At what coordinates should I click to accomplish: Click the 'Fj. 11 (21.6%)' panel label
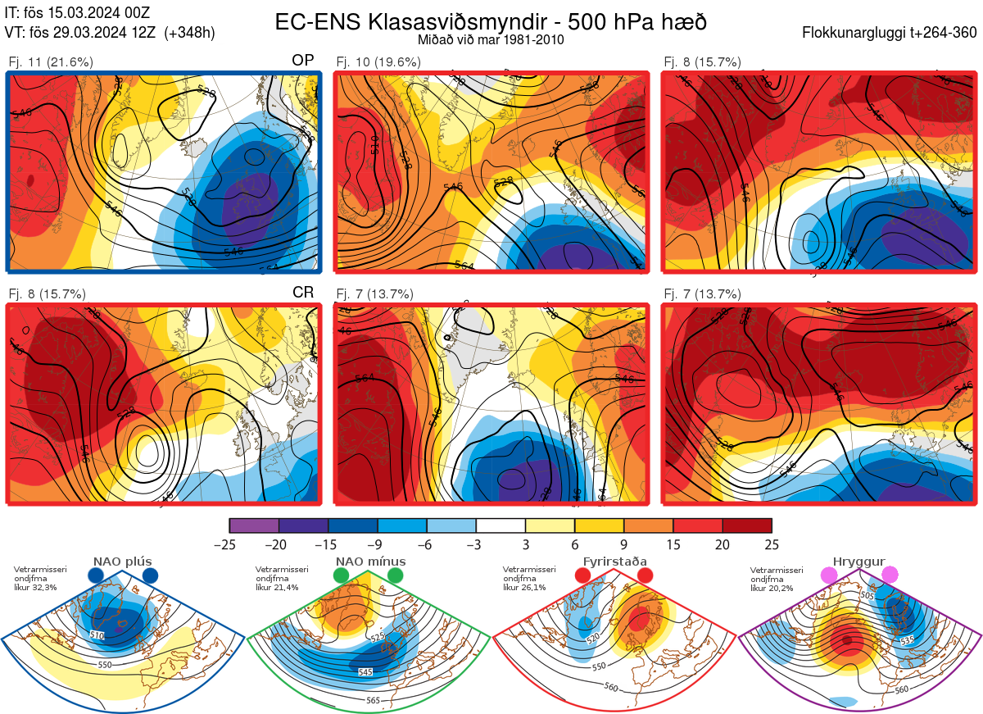coord(51,61)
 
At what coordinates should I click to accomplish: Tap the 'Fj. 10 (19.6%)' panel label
coord(378,61)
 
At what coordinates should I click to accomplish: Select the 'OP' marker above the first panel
coord(303,61)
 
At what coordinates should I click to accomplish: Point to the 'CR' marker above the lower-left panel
coord(303,293)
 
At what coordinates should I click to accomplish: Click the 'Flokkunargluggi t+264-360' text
coord(891,33)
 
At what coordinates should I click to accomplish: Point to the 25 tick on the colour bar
coord(771,544)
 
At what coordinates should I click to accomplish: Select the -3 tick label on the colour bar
coord(476,544)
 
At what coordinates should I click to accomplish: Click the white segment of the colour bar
coord(501,525)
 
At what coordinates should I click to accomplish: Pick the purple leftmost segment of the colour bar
coord(254,525)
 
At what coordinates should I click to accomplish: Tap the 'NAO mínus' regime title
coord(370,562)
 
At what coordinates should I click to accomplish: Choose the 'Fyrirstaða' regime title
coord(614,562)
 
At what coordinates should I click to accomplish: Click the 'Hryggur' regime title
coord(858,562)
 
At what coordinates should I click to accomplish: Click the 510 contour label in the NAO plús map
coord(97,635)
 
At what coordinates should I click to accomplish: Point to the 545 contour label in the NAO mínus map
coord(366,672)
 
